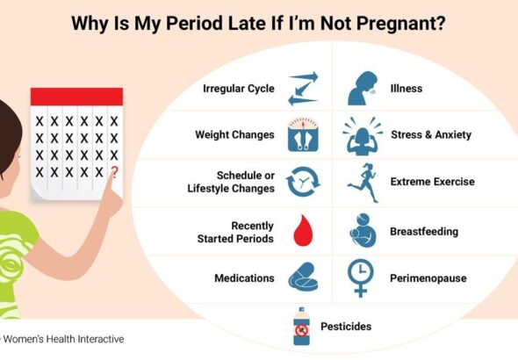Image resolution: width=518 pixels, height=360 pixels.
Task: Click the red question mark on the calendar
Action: point(113,172)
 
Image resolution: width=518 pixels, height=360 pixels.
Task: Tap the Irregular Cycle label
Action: point(238,89)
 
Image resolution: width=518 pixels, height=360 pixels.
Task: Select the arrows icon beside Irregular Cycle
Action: point(303,89)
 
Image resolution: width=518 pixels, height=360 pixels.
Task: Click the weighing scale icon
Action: point(303,135)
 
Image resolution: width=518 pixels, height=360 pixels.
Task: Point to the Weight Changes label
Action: point(234,135)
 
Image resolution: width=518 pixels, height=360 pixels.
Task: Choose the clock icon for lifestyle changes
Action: point(304,182)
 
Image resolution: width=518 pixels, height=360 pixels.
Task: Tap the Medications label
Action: point(244,278)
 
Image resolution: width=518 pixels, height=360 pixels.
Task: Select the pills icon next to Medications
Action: point(304,278)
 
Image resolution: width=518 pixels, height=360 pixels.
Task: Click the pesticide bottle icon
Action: point(302,327)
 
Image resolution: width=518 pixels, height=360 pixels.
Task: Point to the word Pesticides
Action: point(346,327)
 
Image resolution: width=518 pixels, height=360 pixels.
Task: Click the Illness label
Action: point(406,89)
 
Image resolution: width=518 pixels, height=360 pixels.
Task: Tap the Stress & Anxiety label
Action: point(431,135)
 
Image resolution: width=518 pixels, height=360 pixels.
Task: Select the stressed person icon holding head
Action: point(362,135)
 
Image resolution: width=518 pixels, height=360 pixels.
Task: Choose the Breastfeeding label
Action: point(424,232)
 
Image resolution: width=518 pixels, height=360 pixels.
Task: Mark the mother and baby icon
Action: point(362,232)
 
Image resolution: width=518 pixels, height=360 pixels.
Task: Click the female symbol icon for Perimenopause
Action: point(361,278)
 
